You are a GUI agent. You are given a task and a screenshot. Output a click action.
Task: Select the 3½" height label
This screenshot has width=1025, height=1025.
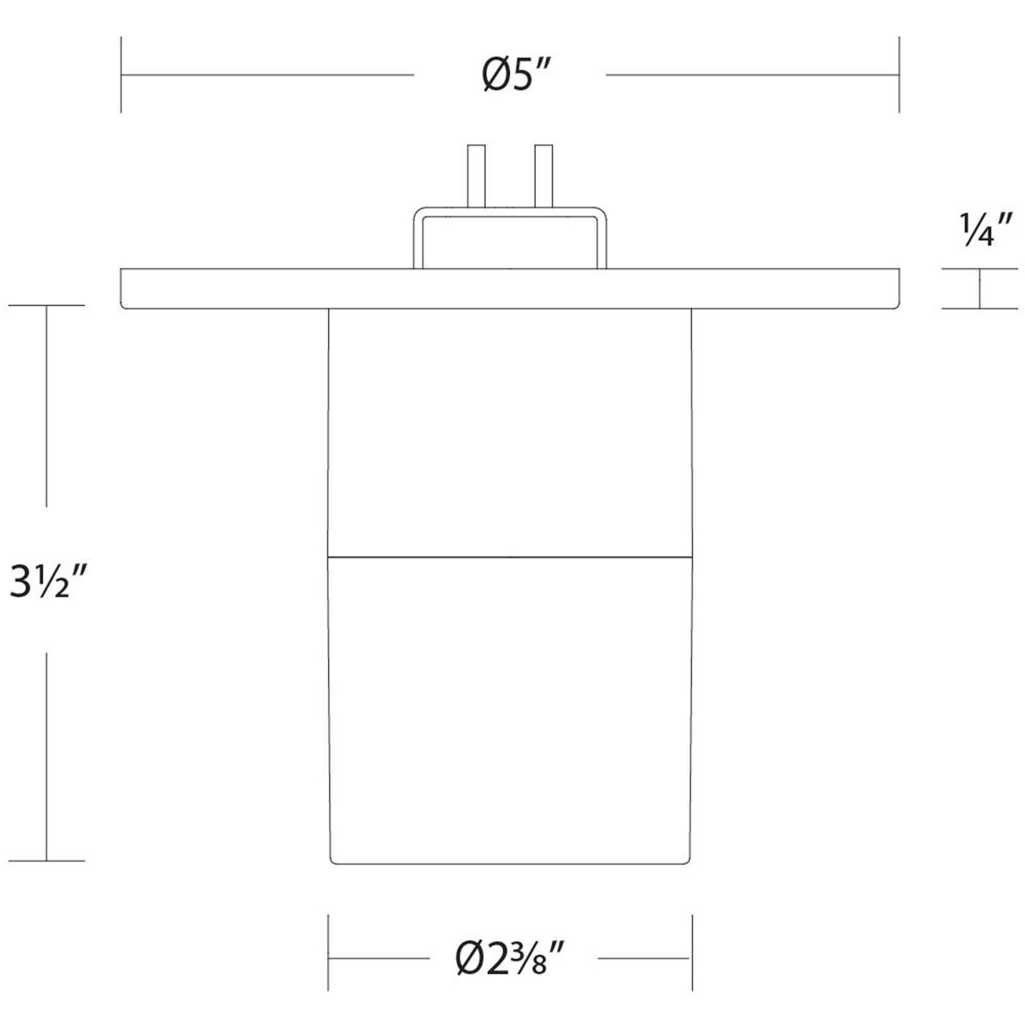click(x=47, y=581)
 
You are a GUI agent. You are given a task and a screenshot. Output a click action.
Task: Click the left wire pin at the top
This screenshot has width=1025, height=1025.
click(x=476, y=176)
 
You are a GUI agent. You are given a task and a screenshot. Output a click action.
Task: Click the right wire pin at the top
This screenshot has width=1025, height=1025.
click(x=544, y=176)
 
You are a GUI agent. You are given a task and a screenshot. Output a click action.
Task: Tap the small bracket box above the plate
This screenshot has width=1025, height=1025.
click(x=510, y=238)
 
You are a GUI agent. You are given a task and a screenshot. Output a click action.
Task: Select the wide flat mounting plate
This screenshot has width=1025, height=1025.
click(x=510, y=289)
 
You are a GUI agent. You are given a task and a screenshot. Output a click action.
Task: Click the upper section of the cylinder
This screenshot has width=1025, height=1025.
click(x=510, y=433)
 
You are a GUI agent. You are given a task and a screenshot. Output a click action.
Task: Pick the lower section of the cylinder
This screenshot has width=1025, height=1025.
click(x=510, y=711)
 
